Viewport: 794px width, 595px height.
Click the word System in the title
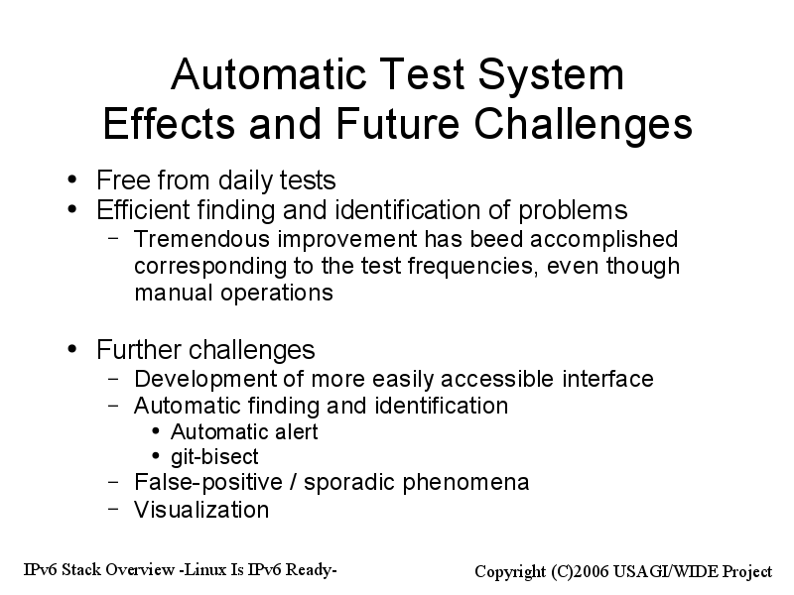coord(551,75)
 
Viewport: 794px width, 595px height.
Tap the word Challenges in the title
coord(583,124)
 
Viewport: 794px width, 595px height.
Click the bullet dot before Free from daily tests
coord(72,179)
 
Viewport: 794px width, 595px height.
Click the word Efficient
coord(142,209)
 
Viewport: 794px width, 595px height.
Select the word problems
coord(573,211)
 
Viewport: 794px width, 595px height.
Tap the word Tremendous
coord(201,239)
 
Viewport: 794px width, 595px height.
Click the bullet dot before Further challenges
coord(72,349)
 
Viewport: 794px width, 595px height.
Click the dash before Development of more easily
coord(114,379)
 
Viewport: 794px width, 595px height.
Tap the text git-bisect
coord(214,457)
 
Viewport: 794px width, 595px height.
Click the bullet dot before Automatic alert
coord(156,431)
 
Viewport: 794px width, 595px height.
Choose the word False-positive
coord(208,483)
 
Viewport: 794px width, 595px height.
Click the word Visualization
coord(201,510)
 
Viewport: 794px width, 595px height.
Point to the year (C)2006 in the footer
coord(581,572)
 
